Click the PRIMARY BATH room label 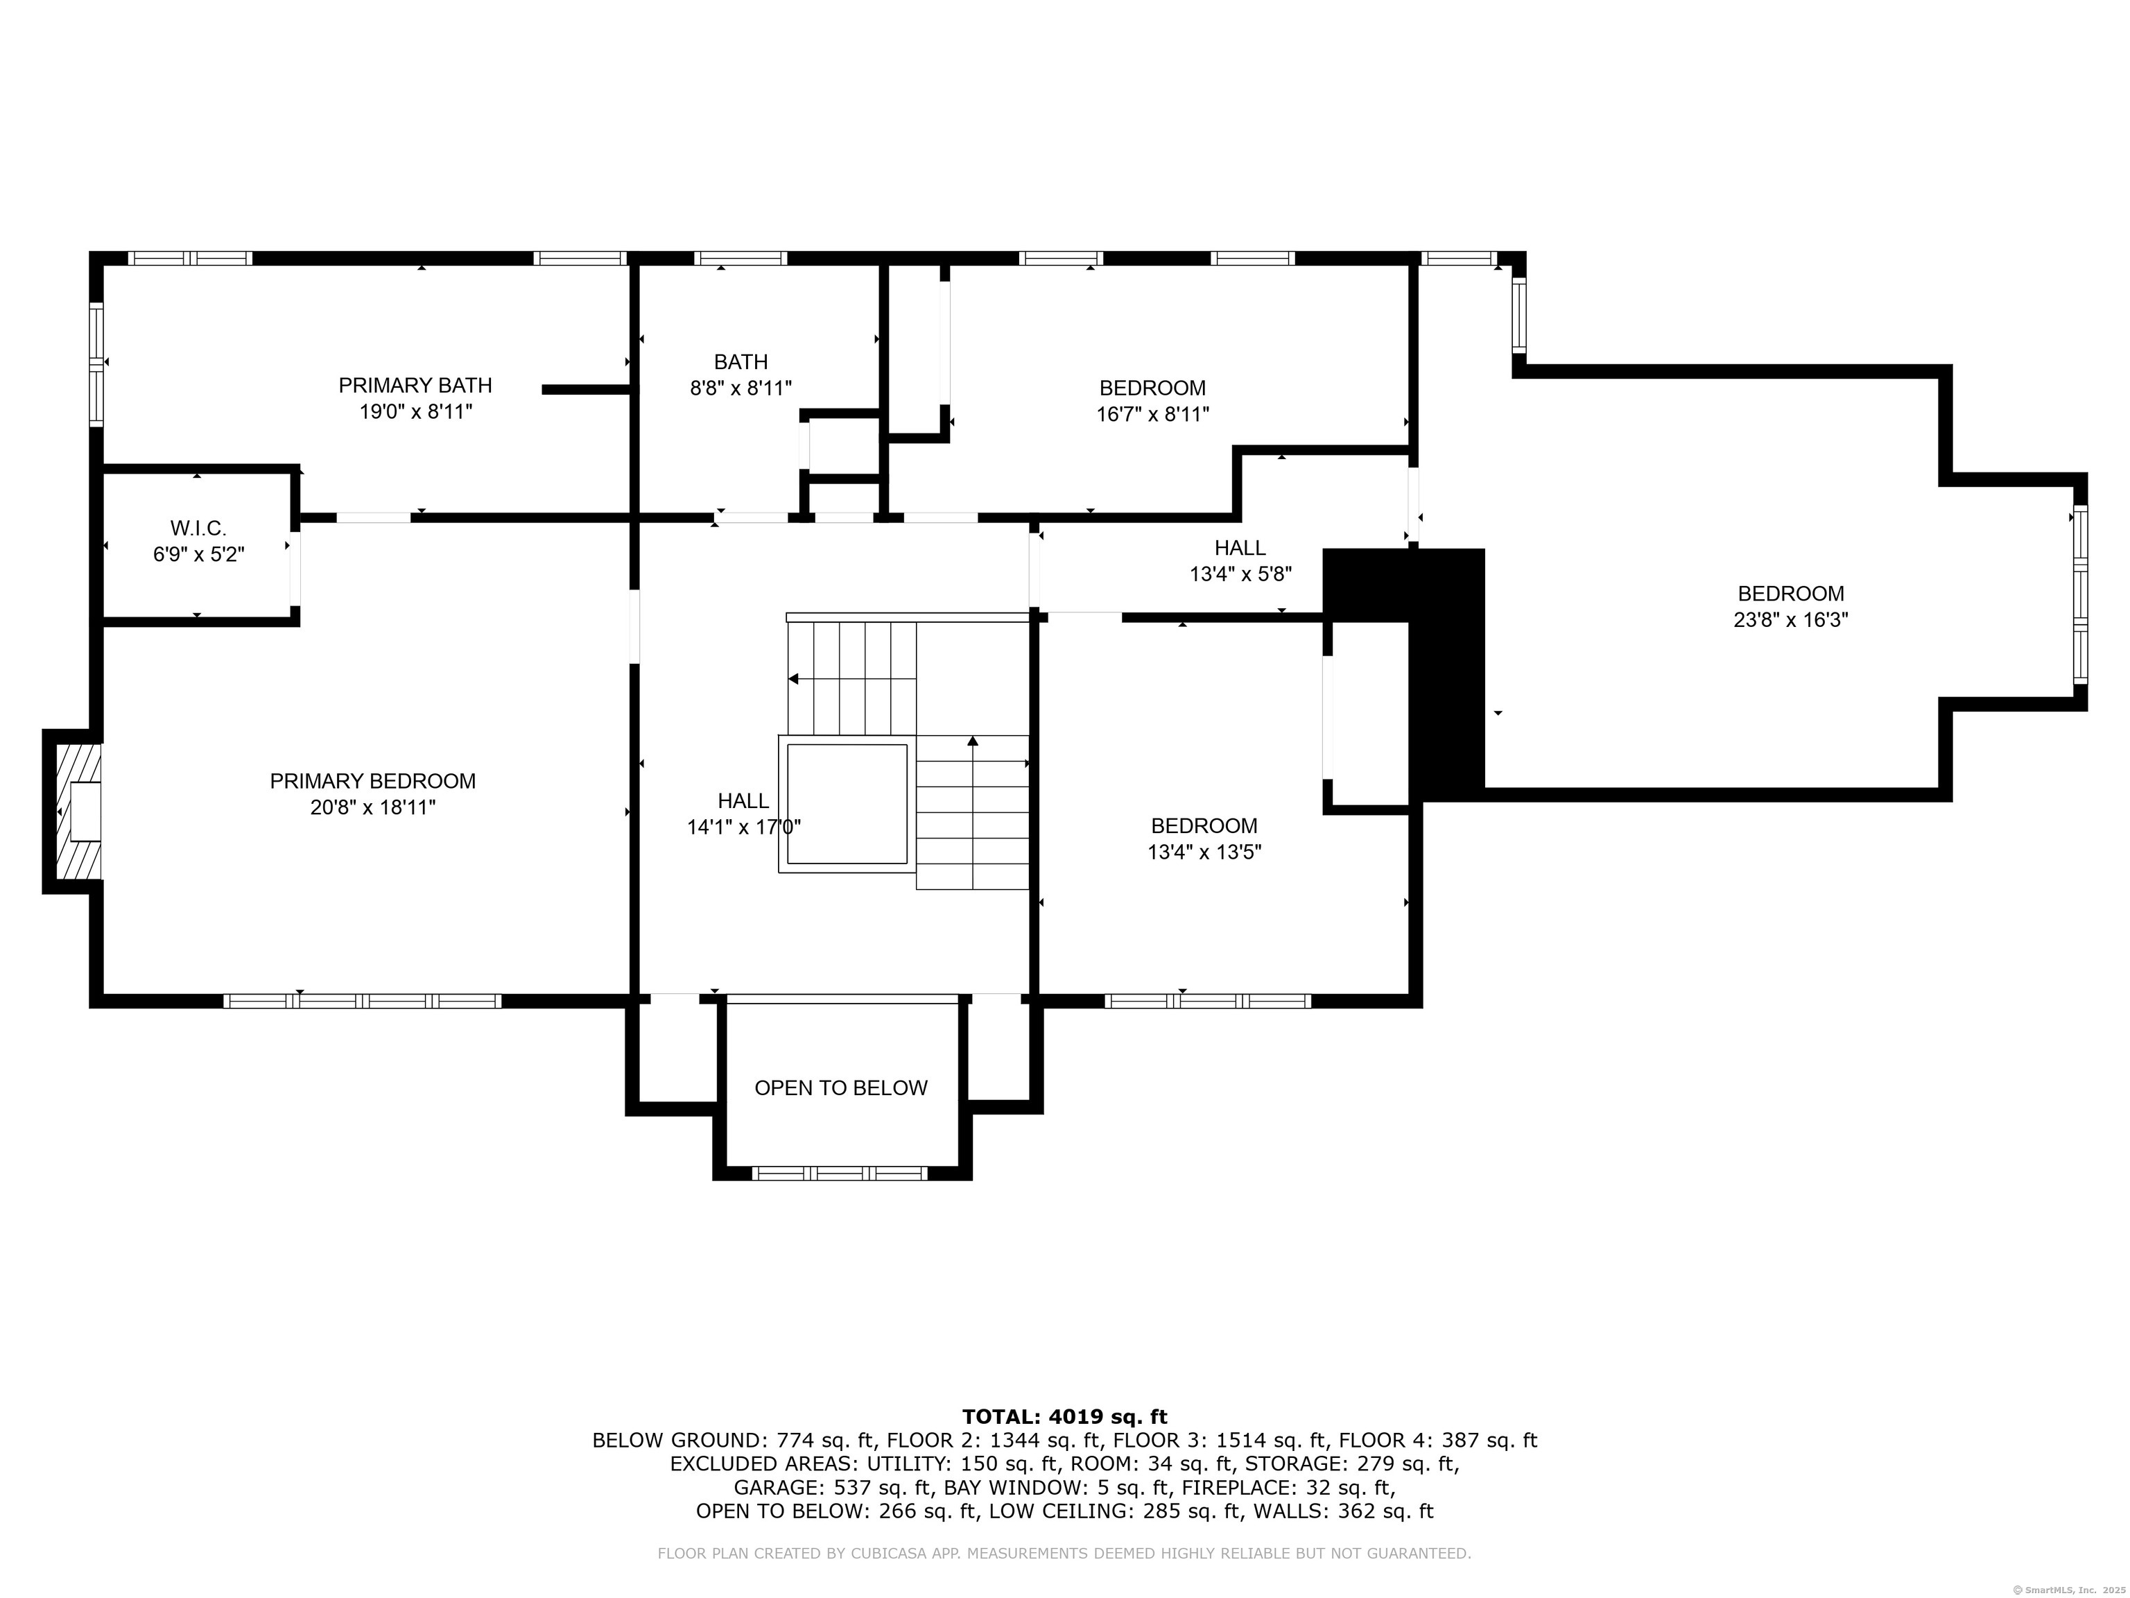(415, 386)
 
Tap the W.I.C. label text (198, 528)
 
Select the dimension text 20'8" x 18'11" (372, 807)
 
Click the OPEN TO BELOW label (840, 1088)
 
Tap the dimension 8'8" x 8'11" (741, 388)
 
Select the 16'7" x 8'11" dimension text (1152, 414)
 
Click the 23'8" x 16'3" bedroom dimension (1791, 619)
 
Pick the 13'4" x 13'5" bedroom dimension (1204, 852)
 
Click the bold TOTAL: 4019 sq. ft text (1064, 1416)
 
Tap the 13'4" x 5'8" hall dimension (1240, 574)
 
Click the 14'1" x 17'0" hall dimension (743, 827)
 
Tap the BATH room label (741, 362)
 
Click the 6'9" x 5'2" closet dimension (198, 555)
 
